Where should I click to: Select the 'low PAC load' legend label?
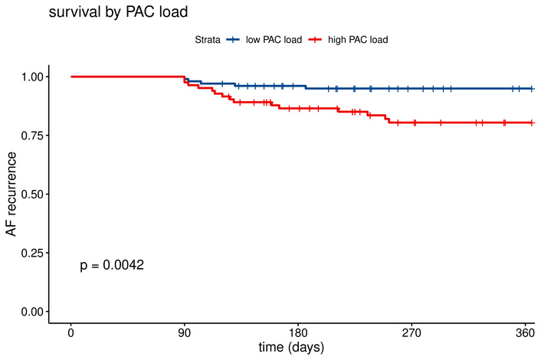[x=273, y=39]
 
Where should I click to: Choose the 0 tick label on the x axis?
[x=70, y=332]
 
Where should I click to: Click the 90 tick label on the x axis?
[x=185, y=332]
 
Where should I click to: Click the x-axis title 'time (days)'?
[x=291, y=348]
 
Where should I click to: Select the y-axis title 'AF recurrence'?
[x=11, y=194]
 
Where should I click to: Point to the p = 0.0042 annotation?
[x=112, y=265]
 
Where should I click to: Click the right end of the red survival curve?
[x=533, y=123]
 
